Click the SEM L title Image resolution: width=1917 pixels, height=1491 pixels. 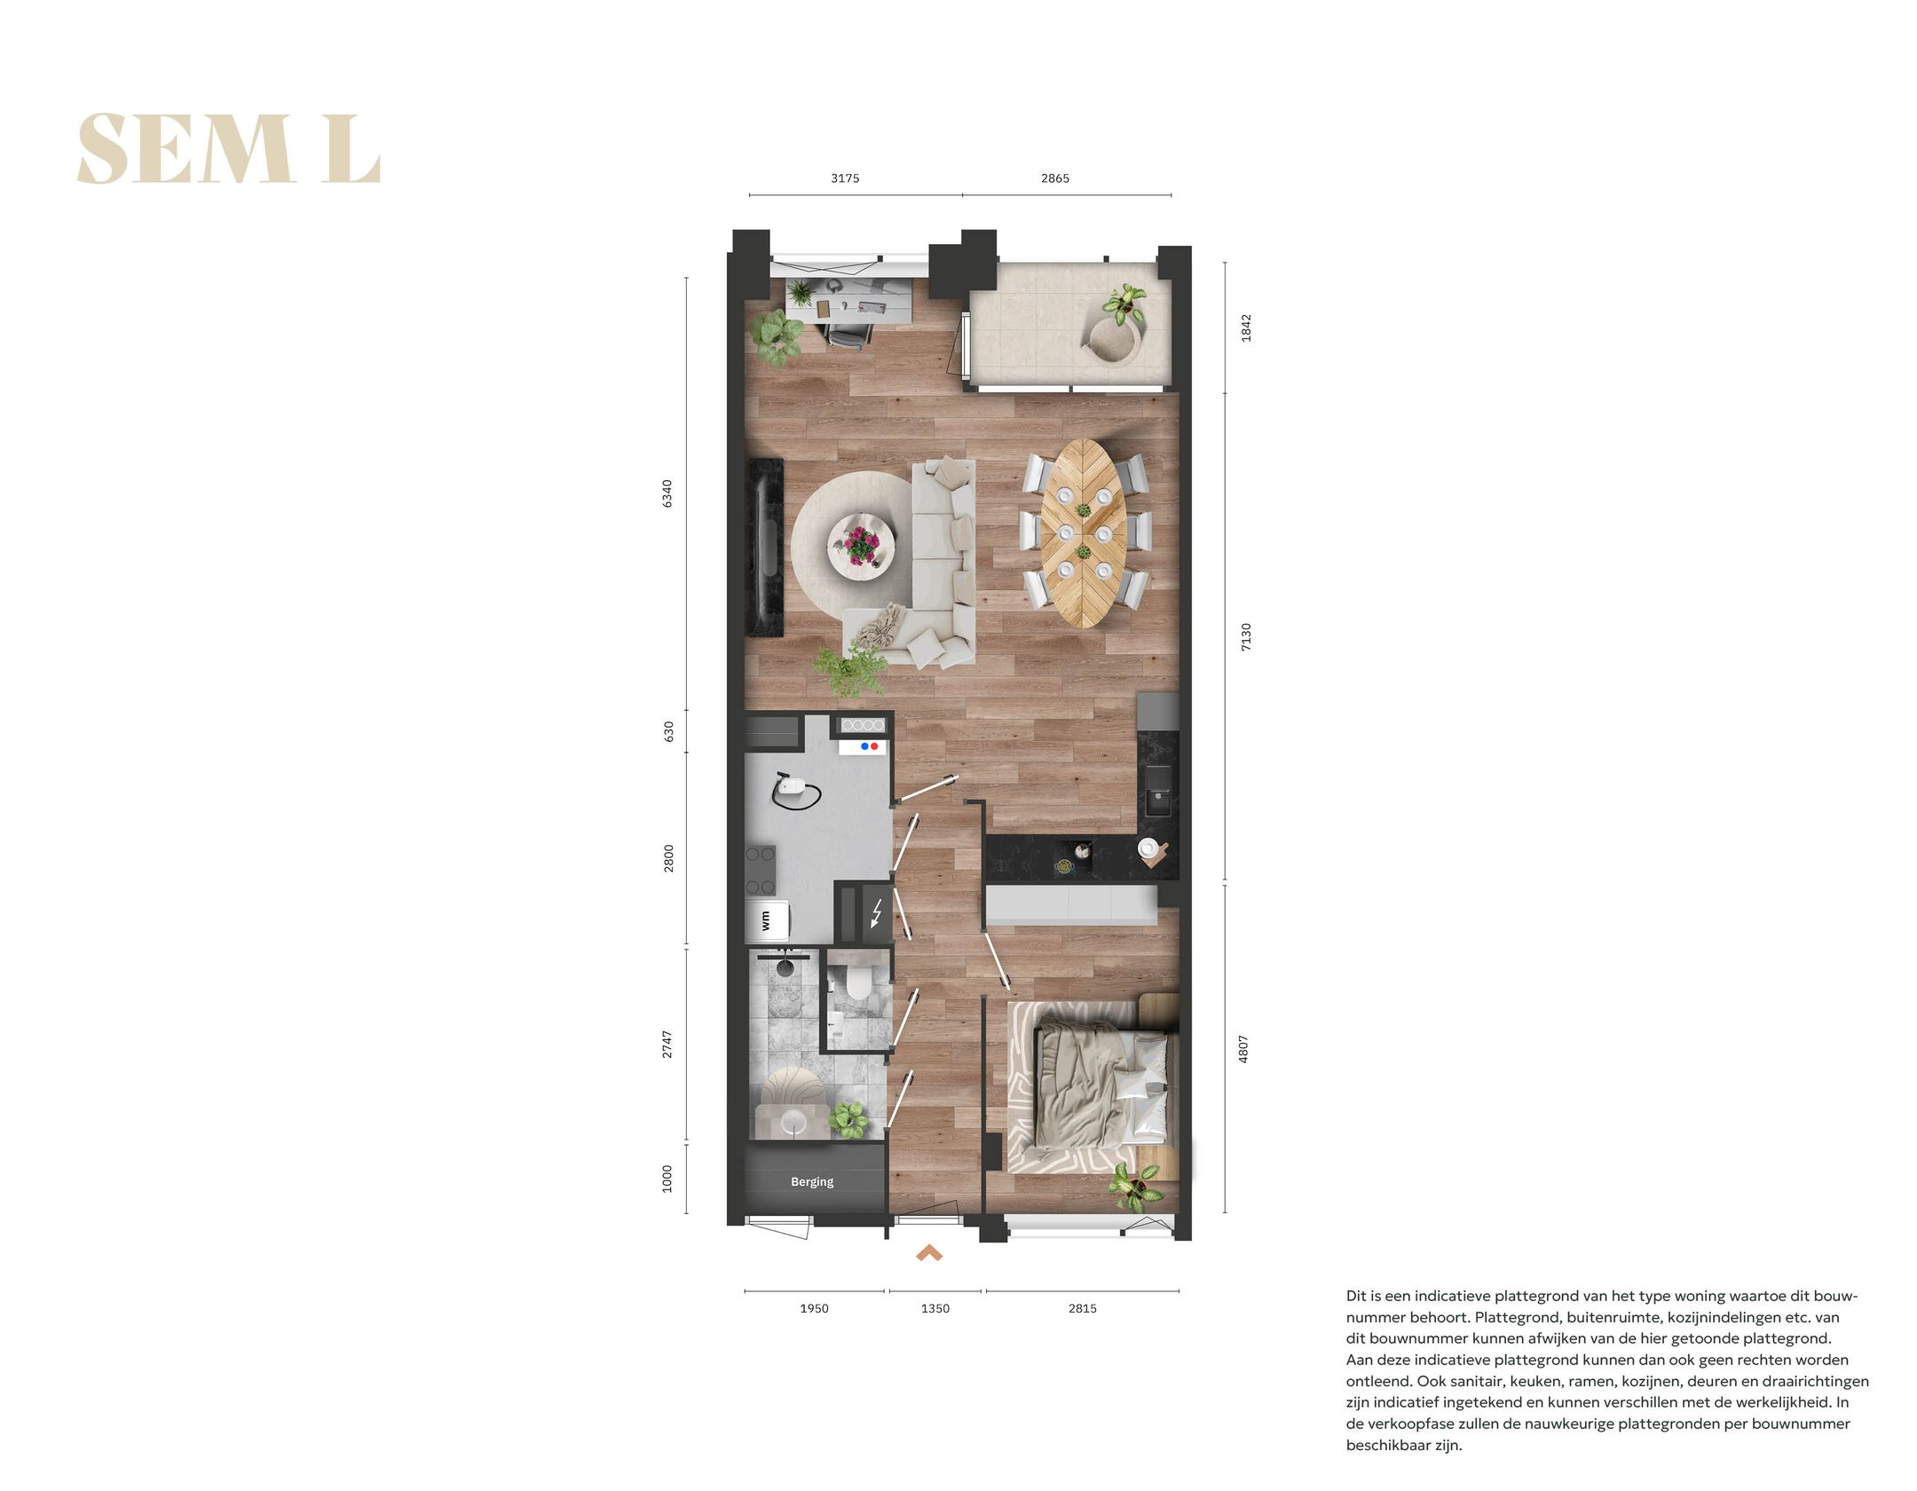[229, 149]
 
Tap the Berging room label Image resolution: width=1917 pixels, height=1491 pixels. [812, 1181]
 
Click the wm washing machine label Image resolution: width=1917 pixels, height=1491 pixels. [766, 921]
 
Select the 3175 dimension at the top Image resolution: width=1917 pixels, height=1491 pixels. [845, 178]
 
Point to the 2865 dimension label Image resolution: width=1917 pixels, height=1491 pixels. [1054, 178]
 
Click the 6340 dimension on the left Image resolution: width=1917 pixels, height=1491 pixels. [667, 493]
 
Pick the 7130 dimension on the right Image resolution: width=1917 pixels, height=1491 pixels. [1245, 636]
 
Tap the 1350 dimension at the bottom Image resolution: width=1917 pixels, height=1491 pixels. [935, 1308]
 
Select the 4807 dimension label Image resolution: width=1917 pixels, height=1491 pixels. [1243, 1049]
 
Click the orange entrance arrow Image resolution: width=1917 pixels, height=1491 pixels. [929, 1252]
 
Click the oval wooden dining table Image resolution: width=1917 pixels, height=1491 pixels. [1084, 532]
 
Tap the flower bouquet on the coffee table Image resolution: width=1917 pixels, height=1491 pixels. [860, 543]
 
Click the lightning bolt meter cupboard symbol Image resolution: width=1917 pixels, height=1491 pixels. [877, 912]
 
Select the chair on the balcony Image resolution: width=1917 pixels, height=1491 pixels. [1112, 339]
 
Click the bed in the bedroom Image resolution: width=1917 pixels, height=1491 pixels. [1100, 1087]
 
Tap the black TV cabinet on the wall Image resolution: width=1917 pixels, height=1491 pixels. [764, 546]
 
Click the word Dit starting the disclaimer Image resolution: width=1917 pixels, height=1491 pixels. [1358, 1296]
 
